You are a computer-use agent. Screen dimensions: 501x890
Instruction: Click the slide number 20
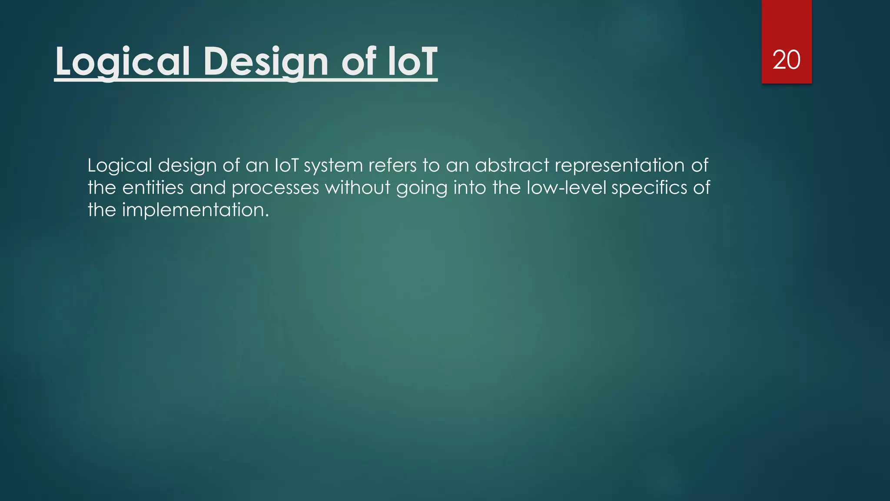[x=786, y=60]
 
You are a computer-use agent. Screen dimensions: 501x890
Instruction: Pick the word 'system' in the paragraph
[x=333, y=166]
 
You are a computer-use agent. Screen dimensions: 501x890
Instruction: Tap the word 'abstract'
[x=512, y=166]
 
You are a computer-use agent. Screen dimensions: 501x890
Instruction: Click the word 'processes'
[x=275, y=188]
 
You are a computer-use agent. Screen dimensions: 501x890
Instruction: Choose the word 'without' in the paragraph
[x=358, y=188]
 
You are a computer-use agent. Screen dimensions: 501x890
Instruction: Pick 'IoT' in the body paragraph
[x=286, y=166]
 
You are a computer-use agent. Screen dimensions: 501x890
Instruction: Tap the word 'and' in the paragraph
[x=208, y=188]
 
